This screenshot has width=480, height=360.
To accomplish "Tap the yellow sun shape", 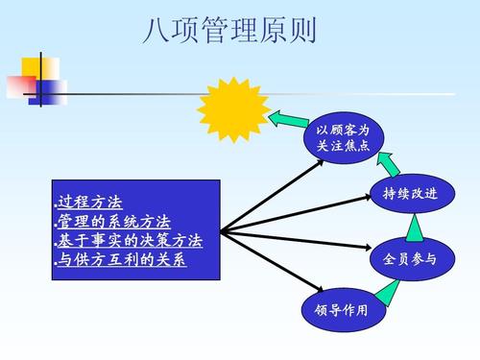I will coord(230,108).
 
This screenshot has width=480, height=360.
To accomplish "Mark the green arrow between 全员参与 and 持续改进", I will coord(413,227).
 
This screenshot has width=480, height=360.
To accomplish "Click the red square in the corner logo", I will coord(18,84).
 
